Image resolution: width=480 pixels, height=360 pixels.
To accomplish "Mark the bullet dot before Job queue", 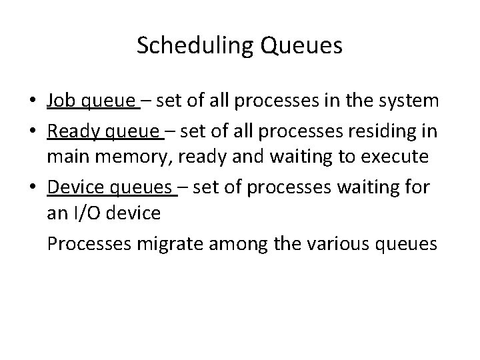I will click(33, 102).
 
